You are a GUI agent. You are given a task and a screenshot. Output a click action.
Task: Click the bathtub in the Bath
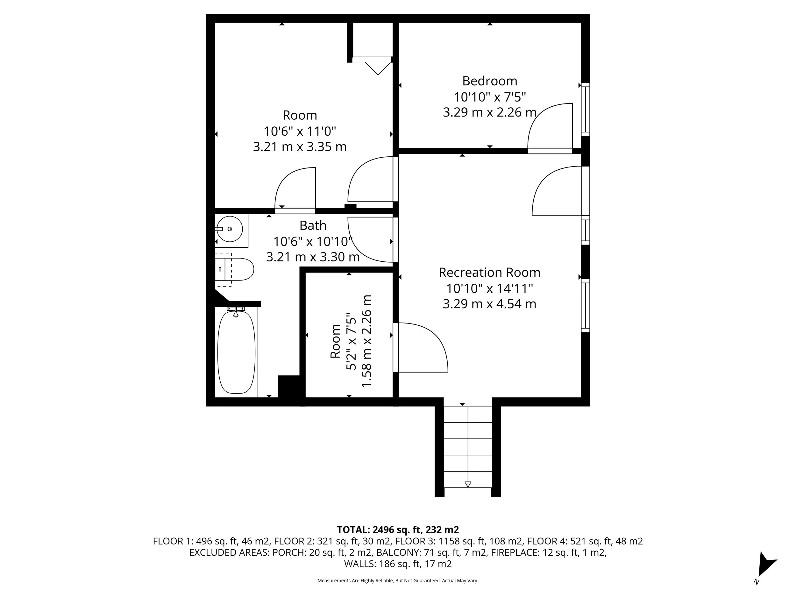click(237, 352)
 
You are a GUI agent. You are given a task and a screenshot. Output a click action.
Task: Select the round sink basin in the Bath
click(230, 229)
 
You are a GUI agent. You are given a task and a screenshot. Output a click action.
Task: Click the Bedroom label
click(489, 81)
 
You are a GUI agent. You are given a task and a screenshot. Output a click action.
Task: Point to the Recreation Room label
click(489, 273)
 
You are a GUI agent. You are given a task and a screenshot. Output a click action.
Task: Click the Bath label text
click(313, 226)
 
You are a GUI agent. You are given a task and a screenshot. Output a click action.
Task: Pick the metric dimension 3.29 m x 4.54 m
click(489, 304)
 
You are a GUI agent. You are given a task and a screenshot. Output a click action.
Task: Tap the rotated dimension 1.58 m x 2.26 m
click(366, 341)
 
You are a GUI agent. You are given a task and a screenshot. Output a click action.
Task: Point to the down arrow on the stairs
click(468, 484)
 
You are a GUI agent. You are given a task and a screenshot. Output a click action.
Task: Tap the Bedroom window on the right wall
click(586, 110)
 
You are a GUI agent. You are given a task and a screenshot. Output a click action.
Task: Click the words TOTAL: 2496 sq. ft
click(379, 530)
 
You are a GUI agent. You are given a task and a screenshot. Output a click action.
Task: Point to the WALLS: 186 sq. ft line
click(398, 564)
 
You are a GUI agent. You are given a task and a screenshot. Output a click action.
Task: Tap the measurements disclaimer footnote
click(398, 580)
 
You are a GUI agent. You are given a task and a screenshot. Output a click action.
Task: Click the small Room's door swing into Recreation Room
click(423, 347)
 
